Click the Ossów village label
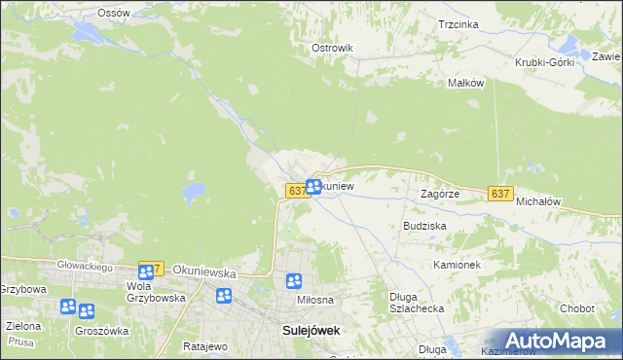[114, 13]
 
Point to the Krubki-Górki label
[545, 62]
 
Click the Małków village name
[465, 83]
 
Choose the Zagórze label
[439, 194]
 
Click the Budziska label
[424, 225]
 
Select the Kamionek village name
[458, 265]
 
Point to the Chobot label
[576, 308]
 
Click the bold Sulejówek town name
[311, 330]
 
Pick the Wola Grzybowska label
[156, 293]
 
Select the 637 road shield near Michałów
[500, 194]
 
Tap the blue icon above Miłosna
[294, 281]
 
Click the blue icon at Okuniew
[313, 186]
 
